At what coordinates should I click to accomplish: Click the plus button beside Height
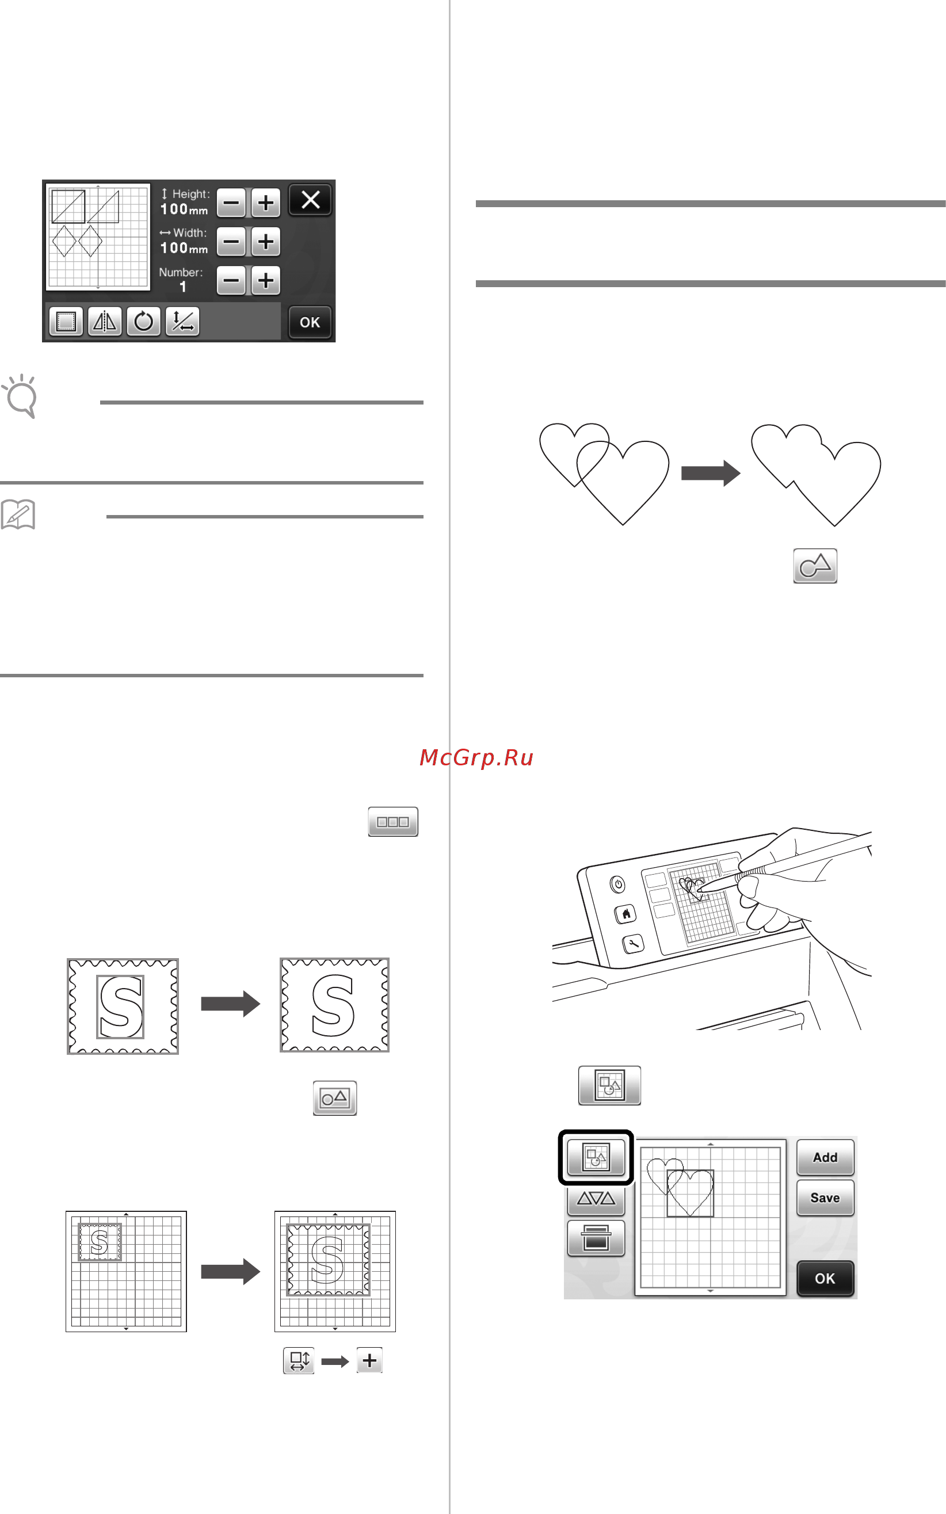[x=266, y=203]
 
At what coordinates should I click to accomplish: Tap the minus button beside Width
[x=231, y=242]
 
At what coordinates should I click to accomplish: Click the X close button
[x=310, y=200]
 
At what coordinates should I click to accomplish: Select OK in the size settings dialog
[x=310, y=322]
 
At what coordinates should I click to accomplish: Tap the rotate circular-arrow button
[x=143, y=322]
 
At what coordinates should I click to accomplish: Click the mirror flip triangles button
[x=105, y=322]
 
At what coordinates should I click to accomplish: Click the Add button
[x=825, y=1158]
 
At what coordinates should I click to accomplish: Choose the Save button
[x=825, y=1198]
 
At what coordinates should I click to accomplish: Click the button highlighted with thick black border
[x=596, y=1157]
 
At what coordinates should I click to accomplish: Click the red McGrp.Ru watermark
[x=476, y=758]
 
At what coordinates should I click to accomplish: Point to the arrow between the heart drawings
[x=711, y=473]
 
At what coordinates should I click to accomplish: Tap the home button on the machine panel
[x=625, y=914]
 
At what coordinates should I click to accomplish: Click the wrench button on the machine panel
[x=633, y=943]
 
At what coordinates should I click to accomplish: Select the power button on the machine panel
[x=618, y=884]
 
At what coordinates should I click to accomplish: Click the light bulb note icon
[x=20, y=396]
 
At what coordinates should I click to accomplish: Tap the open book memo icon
[x=18, y=515]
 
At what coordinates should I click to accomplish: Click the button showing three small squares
[x=393, y=821]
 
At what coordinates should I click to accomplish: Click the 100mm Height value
[x=184, y=209]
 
